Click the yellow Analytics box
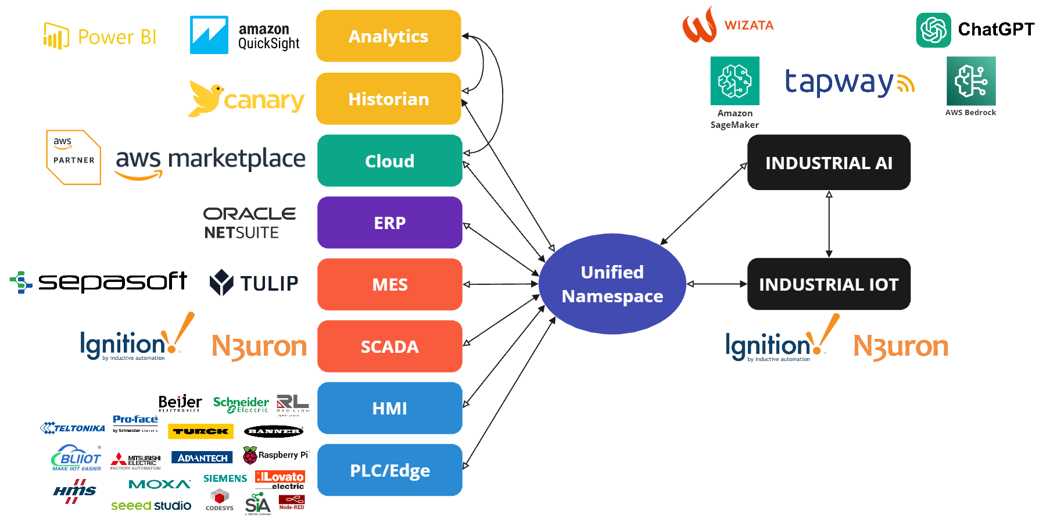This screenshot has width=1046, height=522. tap(388, 36)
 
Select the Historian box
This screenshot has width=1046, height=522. tap(388, 99)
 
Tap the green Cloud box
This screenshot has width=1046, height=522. tap(389, 161)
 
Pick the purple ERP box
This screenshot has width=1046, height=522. tap(389, 223)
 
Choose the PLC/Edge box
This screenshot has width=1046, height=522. tap(389, 470)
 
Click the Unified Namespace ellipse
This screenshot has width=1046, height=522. tap(612, 284)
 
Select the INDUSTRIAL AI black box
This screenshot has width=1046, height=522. tap(829, 163)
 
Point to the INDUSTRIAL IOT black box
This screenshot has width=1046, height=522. tap(829, 284)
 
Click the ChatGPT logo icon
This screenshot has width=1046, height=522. tap(933, 30)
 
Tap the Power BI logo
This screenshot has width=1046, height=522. tap(100, 37)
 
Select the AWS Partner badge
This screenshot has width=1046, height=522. tap(74, 158)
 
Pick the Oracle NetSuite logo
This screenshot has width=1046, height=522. tap(249, 223)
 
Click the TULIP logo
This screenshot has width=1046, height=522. tap(254, 283)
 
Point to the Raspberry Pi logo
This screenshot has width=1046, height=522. tap(275, 455)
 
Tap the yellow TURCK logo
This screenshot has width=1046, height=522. tap(200, 431)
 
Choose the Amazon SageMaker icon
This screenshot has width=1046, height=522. tap(735, 81)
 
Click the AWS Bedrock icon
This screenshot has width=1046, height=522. tap(970, 81)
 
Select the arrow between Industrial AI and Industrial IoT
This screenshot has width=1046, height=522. tap(829, 224)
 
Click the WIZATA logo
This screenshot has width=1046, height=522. tap(728, 25)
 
